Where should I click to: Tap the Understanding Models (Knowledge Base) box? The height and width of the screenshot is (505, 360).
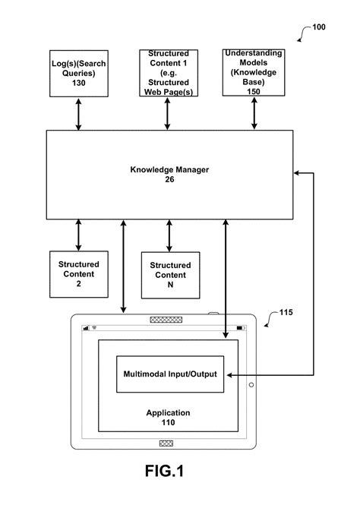pos(254,72)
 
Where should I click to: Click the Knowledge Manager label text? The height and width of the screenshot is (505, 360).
pos(169,170)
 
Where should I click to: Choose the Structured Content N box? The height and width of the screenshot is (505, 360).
pos(169,274)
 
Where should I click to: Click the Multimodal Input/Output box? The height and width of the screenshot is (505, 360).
pos(169,374)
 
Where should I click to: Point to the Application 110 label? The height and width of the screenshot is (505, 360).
pos(169,418)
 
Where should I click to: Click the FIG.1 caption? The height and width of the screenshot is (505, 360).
pos(165,472)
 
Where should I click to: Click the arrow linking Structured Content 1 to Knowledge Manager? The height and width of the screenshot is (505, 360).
pos(169,114)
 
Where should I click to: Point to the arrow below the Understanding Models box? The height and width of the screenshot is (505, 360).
pos(254,114)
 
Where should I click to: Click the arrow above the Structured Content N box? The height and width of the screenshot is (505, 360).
pos(169,235)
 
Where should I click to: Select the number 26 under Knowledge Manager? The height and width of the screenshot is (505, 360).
pos(169,180)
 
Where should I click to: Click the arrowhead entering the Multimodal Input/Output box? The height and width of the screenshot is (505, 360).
pos(229,374)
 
